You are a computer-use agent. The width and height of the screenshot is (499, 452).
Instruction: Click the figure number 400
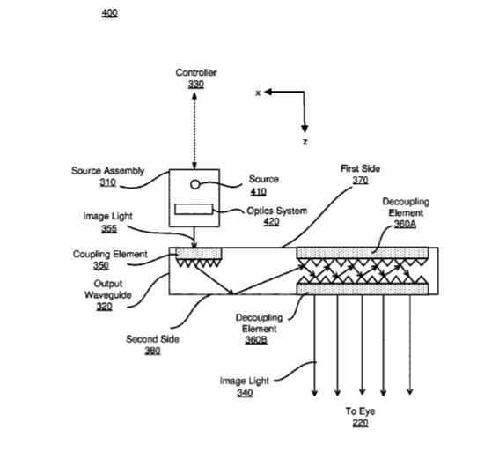point(109,12)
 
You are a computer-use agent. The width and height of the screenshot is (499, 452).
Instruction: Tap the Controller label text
point(196,72)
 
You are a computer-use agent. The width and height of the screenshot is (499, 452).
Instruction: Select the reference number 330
point(196,84)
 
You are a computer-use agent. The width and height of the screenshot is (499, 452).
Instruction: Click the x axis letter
point(258,93)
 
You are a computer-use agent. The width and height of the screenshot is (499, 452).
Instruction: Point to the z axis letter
point(305,142)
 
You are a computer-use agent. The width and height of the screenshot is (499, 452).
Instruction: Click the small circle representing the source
point(194,184)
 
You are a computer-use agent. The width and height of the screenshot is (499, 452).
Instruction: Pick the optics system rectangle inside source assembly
point(194,210)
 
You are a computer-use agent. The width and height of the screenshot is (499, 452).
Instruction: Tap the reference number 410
point(259,191)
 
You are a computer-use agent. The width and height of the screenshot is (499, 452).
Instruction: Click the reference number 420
point(271,222)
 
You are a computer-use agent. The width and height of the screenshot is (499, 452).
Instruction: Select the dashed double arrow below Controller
point(194,130)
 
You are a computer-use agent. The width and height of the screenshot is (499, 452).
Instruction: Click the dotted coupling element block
point(199,254)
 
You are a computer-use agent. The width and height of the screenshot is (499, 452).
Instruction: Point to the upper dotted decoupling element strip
point(363,253)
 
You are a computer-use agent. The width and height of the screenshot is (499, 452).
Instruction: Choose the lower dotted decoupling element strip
point(363,289)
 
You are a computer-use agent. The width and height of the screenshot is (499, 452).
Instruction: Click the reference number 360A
point(405,224)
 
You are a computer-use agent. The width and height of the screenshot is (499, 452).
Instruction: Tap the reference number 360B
point(256,340)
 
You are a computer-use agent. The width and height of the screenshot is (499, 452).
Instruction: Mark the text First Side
point(360,168)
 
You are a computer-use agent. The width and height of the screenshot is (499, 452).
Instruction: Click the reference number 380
point(153,351)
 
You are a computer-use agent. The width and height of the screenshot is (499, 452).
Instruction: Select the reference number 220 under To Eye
point(360,423)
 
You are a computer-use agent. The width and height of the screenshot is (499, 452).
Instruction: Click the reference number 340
point(245,393)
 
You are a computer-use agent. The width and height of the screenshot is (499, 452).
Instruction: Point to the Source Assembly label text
point(108,171)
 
